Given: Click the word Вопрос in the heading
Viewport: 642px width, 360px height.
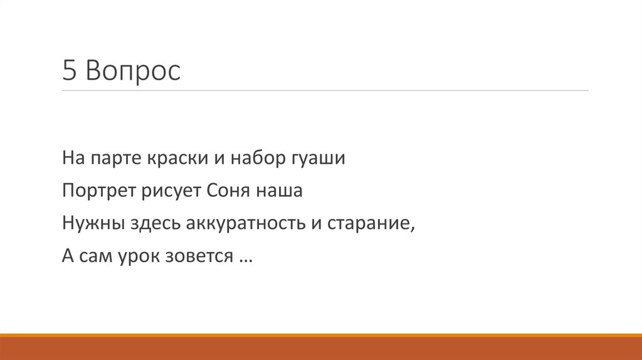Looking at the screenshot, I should click(133, 71).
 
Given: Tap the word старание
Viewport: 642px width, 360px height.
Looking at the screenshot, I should click(371, 224).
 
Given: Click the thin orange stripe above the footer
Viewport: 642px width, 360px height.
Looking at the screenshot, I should click(321, 336).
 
